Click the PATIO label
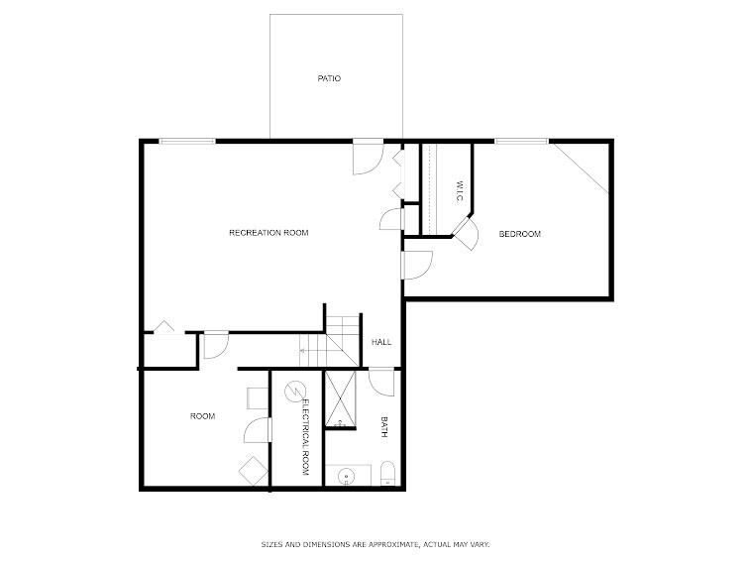click(x=329, y=78)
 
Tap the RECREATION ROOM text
click(x=268, y=233)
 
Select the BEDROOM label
click(x=519, y=234)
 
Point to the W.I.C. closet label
click(x=460, y=192)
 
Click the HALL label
click(x=381, y=342)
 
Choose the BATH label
click(x=384, y=426)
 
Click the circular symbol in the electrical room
click(x=294, y=392)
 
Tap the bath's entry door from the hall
click(x=382, y=380)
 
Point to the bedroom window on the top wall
click(x=521, y=142)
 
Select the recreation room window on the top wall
click(x=187, y=142)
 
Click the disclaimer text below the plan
click(x=375, y=544)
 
